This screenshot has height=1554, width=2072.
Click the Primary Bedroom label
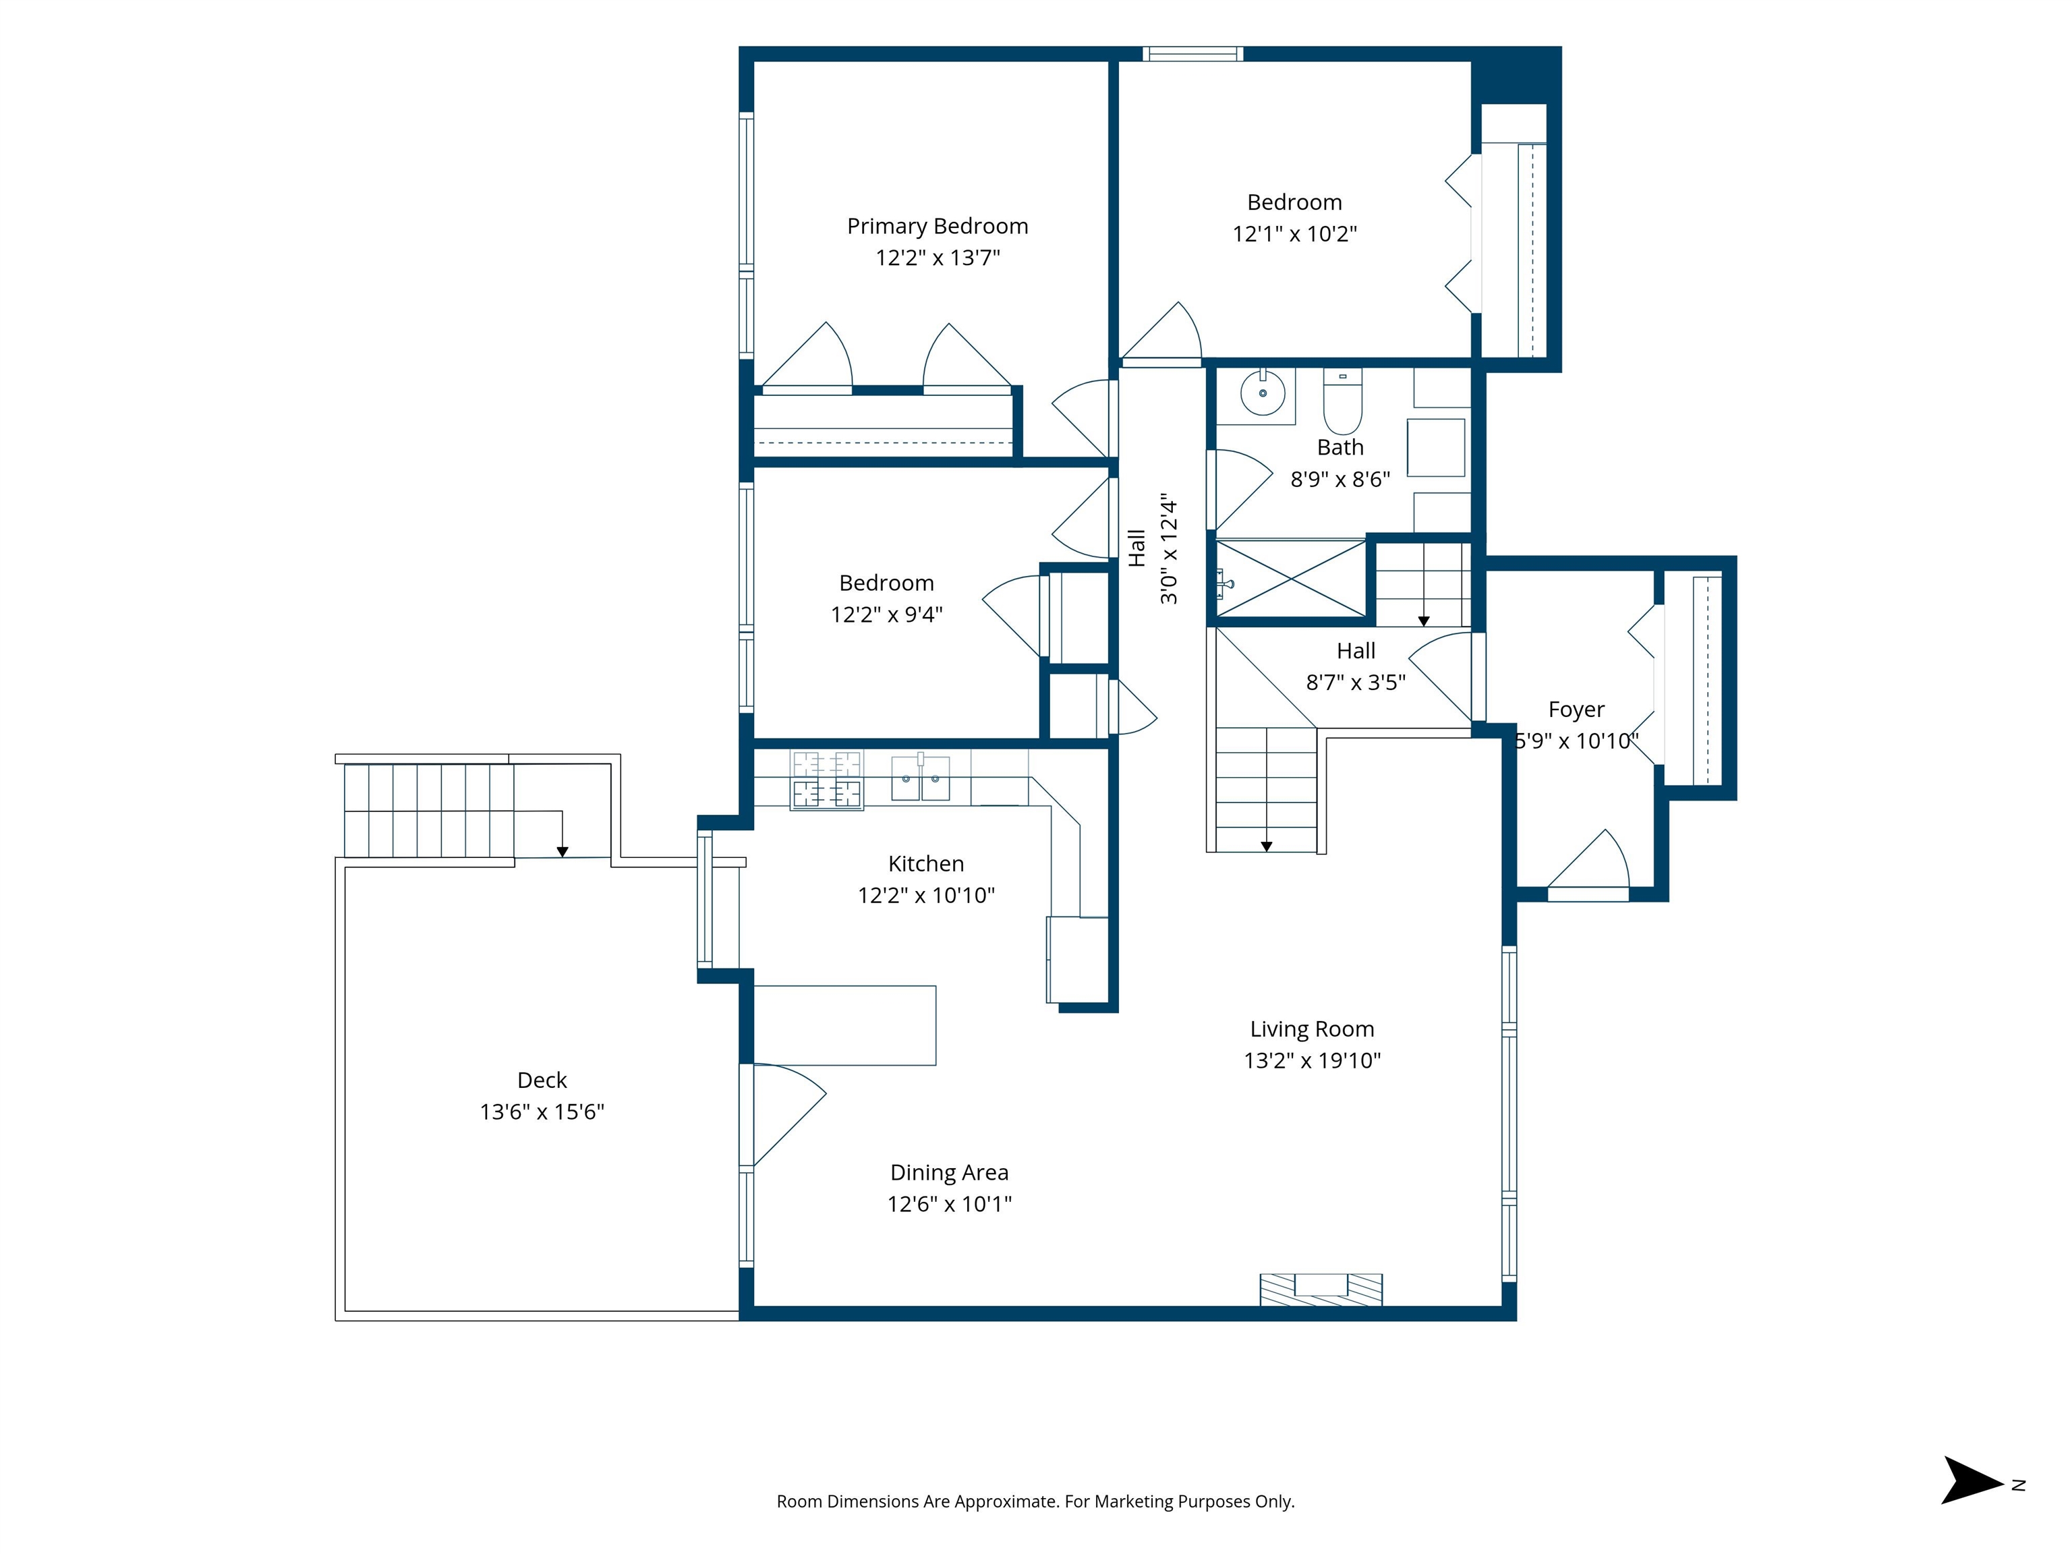938,226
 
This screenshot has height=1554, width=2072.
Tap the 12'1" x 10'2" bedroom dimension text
1294,233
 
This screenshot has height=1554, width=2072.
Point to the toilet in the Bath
1342,402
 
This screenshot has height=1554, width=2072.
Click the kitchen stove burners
827,779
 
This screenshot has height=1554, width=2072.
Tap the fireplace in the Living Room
1321,1289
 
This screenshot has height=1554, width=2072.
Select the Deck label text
542,1080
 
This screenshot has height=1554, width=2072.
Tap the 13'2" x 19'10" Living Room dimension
1313,1060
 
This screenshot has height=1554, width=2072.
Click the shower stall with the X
1291,578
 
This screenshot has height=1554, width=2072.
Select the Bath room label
1340,448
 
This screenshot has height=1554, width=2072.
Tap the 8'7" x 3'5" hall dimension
1356,683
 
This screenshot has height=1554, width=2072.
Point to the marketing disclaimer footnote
1036,1501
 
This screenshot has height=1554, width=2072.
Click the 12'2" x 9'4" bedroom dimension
887,614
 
